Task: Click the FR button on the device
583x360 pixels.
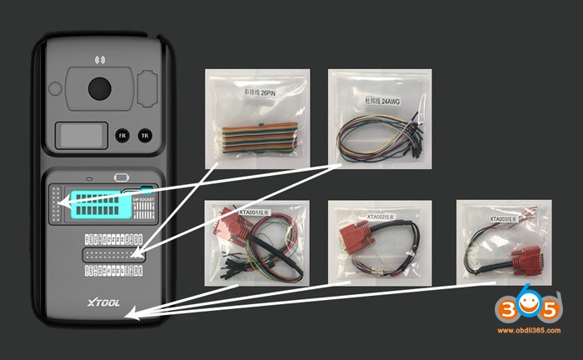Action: (122, 134)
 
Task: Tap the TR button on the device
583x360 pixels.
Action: (144, 134)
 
